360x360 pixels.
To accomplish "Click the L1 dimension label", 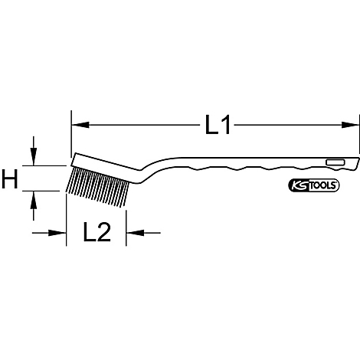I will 218,125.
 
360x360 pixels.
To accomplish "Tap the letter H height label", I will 11,181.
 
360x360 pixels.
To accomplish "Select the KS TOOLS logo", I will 314,186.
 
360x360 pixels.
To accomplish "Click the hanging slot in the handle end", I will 335,162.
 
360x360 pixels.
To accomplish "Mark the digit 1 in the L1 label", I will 227,125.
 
